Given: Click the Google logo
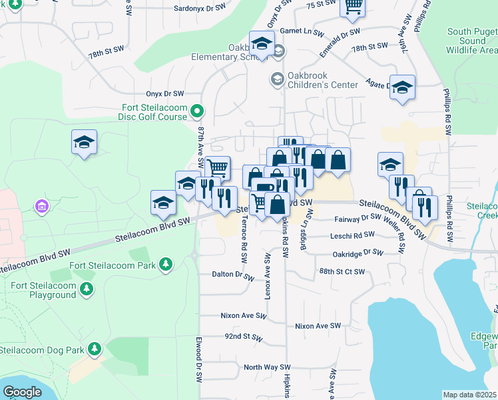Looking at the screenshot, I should tap(22, 391).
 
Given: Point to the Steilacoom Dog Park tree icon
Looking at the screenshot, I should tap(95, 349).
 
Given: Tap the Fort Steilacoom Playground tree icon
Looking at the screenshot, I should tap(85, 289).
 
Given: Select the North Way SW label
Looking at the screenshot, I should tap(268, 367).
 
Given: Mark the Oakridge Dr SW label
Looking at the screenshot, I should tap(358, 253).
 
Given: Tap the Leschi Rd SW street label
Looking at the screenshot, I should tap(352, 236).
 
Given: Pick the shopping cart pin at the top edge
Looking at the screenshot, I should tap(352, 7).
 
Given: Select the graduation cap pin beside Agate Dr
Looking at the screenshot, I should tap(401, 87).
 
